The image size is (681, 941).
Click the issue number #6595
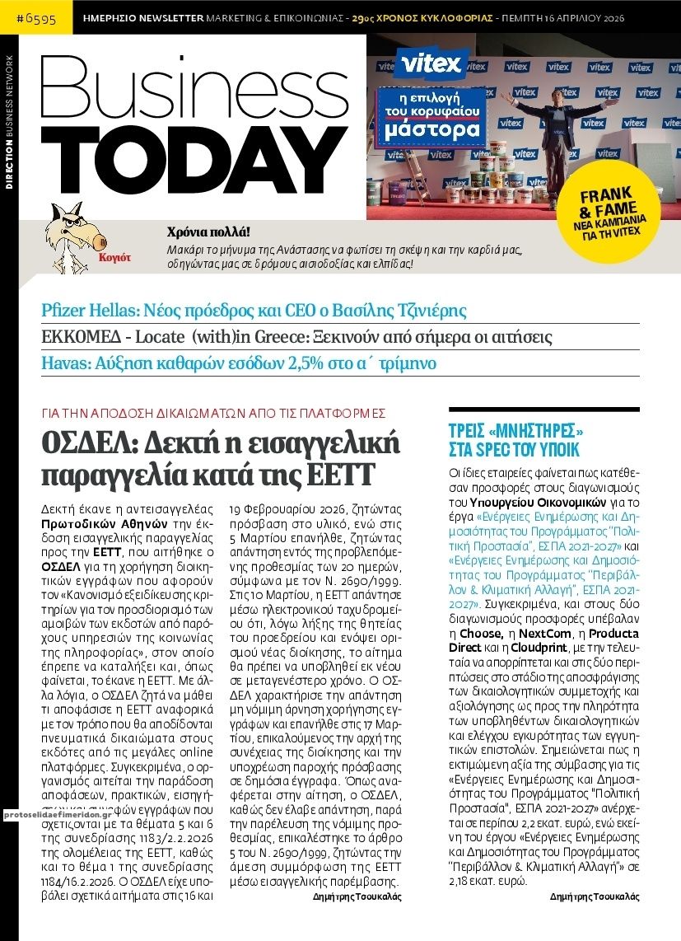pos(36,17)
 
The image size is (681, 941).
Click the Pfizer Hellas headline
pos(254,311)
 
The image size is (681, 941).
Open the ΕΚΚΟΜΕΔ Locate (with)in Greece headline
pos(296,337)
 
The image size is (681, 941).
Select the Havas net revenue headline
pos(239,363)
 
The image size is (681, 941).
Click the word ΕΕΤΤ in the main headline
pos(340,475)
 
